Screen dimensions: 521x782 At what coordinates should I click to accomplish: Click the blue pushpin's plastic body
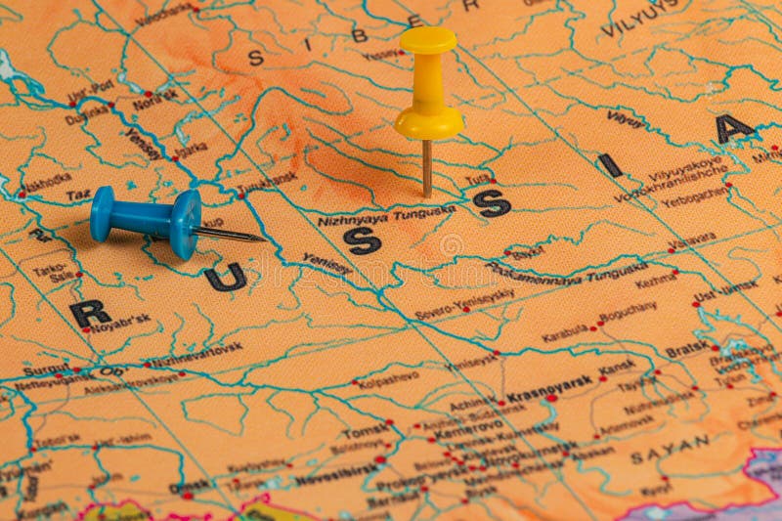tap(147, 219)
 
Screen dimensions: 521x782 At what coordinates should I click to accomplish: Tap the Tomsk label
tap(366, 431)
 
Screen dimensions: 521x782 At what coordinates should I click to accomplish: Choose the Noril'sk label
tap(155, 99)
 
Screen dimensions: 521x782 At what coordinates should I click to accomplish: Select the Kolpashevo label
tap(388, 378)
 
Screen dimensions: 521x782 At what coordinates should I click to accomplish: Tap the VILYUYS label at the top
tap(640, 18)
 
